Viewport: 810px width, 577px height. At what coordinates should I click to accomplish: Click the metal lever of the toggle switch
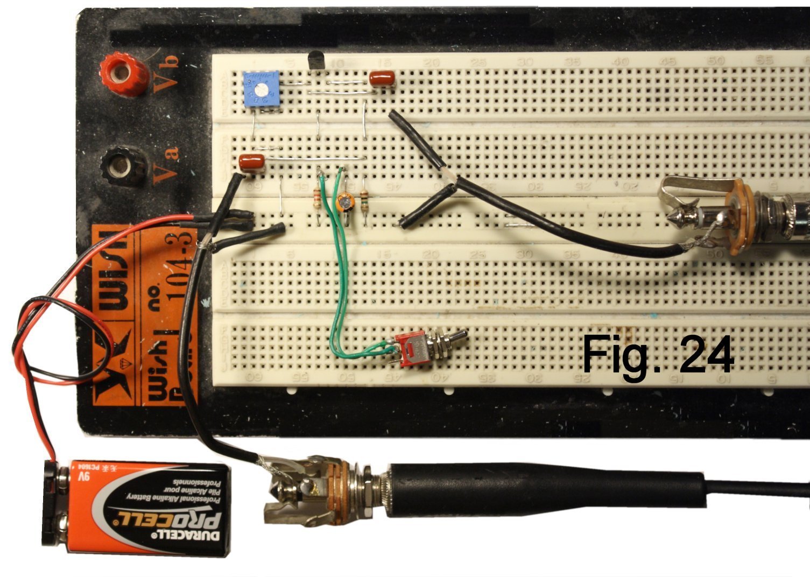pos(457,337)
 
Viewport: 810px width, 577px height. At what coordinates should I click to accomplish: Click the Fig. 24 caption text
pos(657,355)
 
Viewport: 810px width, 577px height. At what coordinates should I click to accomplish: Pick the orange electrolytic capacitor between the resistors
pos(343,203)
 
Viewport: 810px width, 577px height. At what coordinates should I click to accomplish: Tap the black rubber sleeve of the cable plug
pos(544,490)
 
